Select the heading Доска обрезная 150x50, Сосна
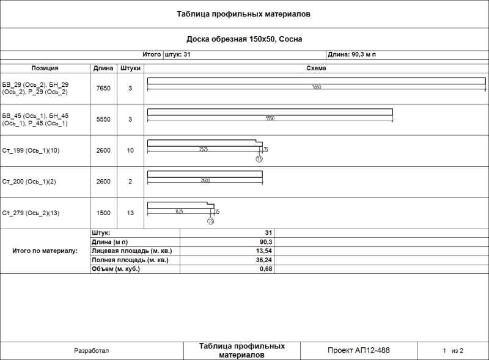pos(244,39)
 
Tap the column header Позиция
pos(45,68)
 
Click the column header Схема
pos(316,68)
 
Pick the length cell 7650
pos(104,88)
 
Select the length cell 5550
pos(104,119)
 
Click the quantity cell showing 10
pos(130,150)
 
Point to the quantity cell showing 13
pos(130,213)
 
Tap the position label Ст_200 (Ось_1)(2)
pos(29,182)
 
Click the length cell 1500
pos(104,213)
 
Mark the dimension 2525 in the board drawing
pos(204,149)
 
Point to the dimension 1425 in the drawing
pos(179,211)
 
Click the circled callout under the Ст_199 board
pos(259,159)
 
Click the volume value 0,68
pos(265,269)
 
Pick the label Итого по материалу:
pos(45,251)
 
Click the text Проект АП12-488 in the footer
pos(359,351)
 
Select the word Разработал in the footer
pos(91,351)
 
